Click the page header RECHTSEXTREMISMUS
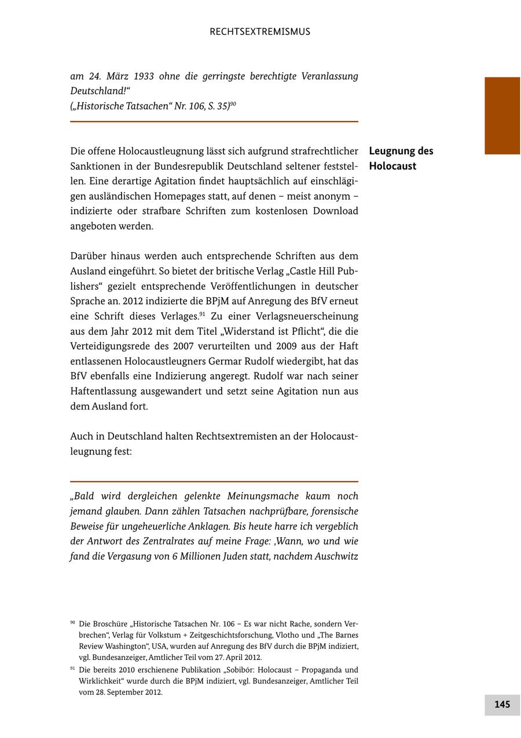pyautogui.click(x=260, y=32)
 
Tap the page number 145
pyautogui.click(x=502, y=704)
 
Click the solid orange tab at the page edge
pyautogui.click(x=502, y=116)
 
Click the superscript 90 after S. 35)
pyautogui.click(x=233, y=104)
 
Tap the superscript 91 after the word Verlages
pyautogui.click(x=203, y=314)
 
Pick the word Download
pyautogui.click(x=335, y=211)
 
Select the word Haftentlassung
pyautogui.click(x=102, y=392)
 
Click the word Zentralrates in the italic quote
pyautogui.click(x=151, y=541)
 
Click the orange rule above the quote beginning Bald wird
pyautogui.click(x=214, y=481)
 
